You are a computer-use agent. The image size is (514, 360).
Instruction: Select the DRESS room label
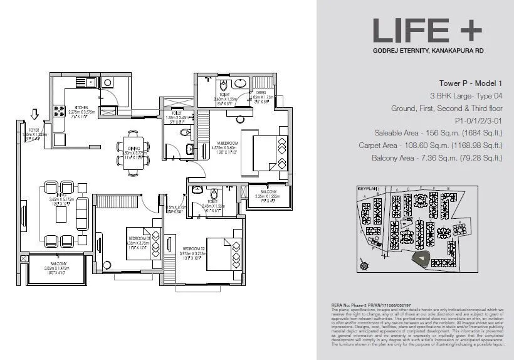point(260,92)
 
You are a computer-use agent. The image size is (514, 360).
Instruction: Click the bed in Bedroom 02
point(226,249)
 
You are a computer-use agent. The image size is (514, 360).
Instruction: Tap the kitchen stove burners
point(60,111)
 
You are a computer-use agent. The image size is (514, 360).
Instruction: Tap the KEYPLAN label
point(367,188)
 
